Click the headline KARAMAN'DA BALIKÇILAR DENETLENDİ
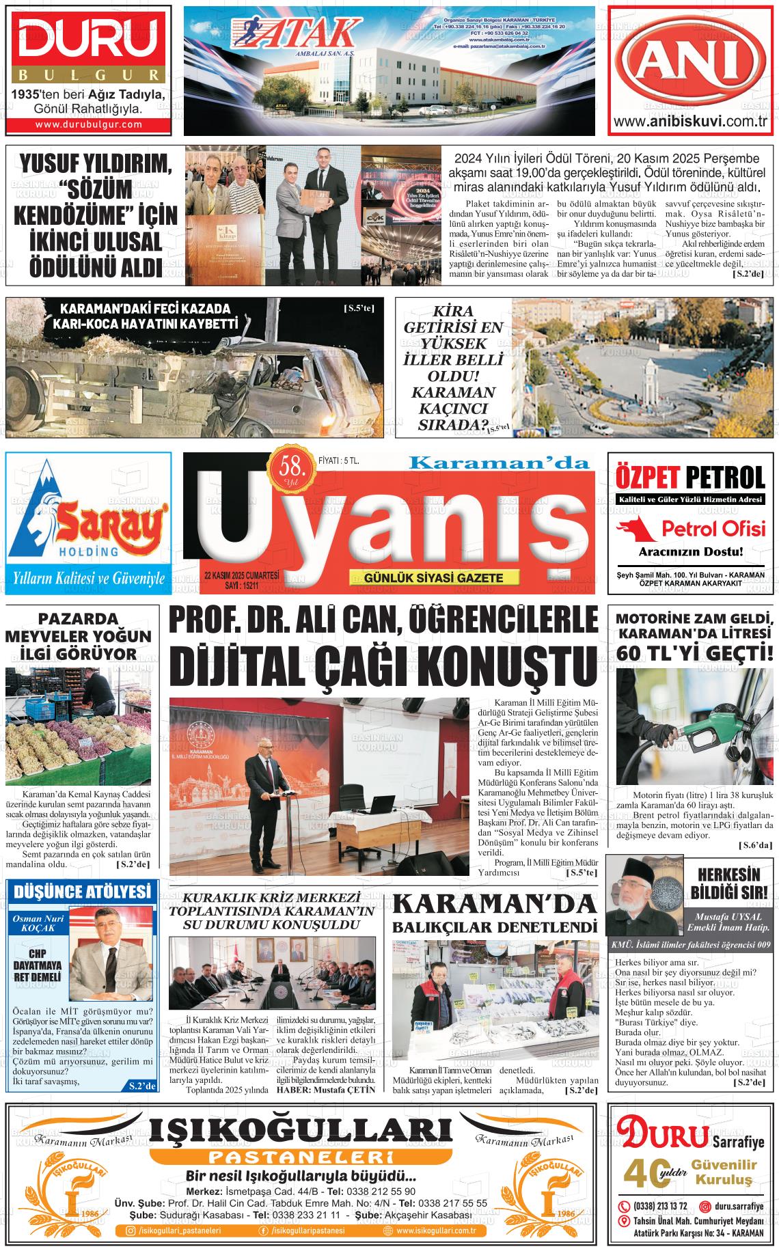click(495, 913)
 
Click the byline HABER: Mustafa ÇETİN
click(325, 1089)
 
